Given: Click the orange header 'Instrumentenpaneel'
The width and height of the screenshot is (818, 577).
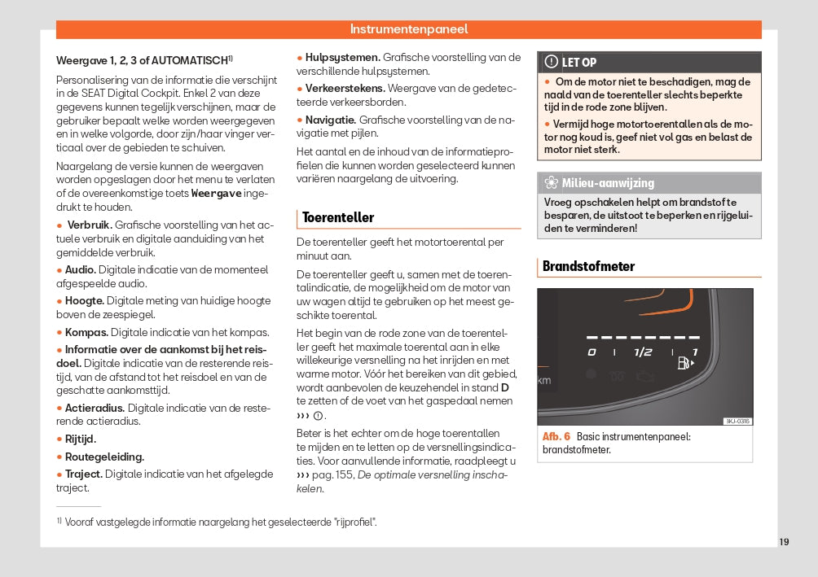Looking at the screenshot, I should click(x=409, y=29).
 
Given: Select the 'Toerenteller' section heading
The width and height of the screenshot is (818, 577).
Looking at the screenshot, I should click(x=338, y=217).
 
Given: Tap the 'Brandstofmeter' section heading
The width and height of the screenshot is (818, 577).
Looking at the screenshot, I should click(x=588, y=266).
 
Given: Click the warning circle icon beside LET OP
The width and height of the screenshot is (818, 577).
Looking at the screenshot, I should click(x=552, y=62).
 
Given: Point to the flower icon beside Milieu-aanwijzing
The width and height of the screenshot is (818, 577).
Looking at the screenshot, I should click(x=551, y=183).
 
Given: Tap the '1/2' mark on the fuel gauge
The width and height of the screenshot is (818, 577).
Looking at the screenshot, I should click(x=643, y=352).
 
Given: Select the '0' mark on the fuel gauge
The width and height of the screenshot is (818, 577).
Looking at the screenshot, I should click(x=592, y=352).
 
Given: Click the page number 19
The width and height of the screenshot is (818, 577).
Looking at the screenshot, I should click(x=784, y=542).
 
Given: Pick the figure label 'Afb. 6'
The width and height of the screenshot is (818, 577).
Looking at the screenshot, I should click(x=556, y=436).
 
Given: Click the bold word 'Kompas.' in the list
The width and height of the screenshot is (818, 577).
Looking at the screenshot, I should click(x=86, y=332).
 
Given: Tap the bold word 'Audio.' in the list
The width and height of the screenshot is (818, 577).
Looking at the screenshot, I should click(x=80, y=269).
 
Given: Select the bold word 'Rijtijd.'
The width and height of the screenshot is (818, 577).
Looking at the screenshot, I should click(x=81, y=439).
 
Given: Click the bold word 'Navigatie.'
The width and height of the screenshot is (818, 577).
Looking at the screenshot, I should click(x=330, y=120).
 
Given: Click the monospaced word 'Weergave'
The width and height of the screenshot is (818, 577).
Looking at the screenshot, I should click(x=216, y=194).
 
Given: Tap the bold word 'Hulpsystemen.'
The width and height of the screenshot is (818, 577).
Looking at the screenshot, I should click(x=342, y=57).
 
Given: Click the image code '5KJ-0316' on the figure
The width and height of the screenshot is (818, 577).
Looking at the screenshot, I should click(x=737, y=421).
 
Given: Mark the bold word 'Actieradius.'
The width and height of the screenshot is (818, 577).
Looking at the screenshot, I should click(x=95, y=408).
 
